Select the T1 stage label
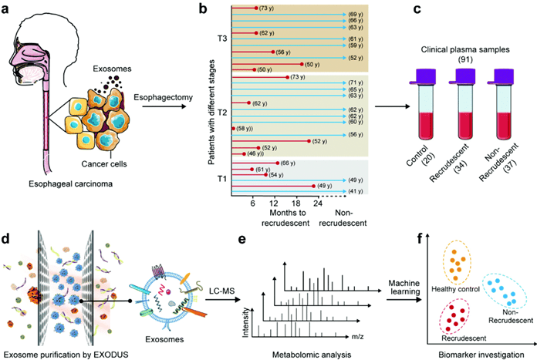click(x=223, y=180)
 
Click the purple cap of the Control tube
click(x=421, y=76)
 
